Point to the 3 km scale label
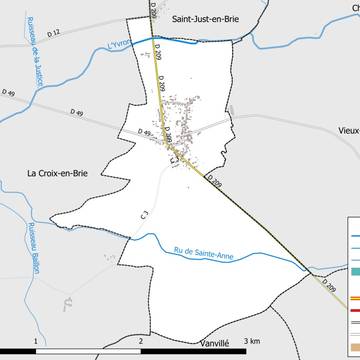click(251, 340)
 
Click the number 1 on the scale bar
click(36, 340)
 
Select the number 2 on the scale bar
click(141, 340)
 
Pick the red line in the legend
click(354, 311)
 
